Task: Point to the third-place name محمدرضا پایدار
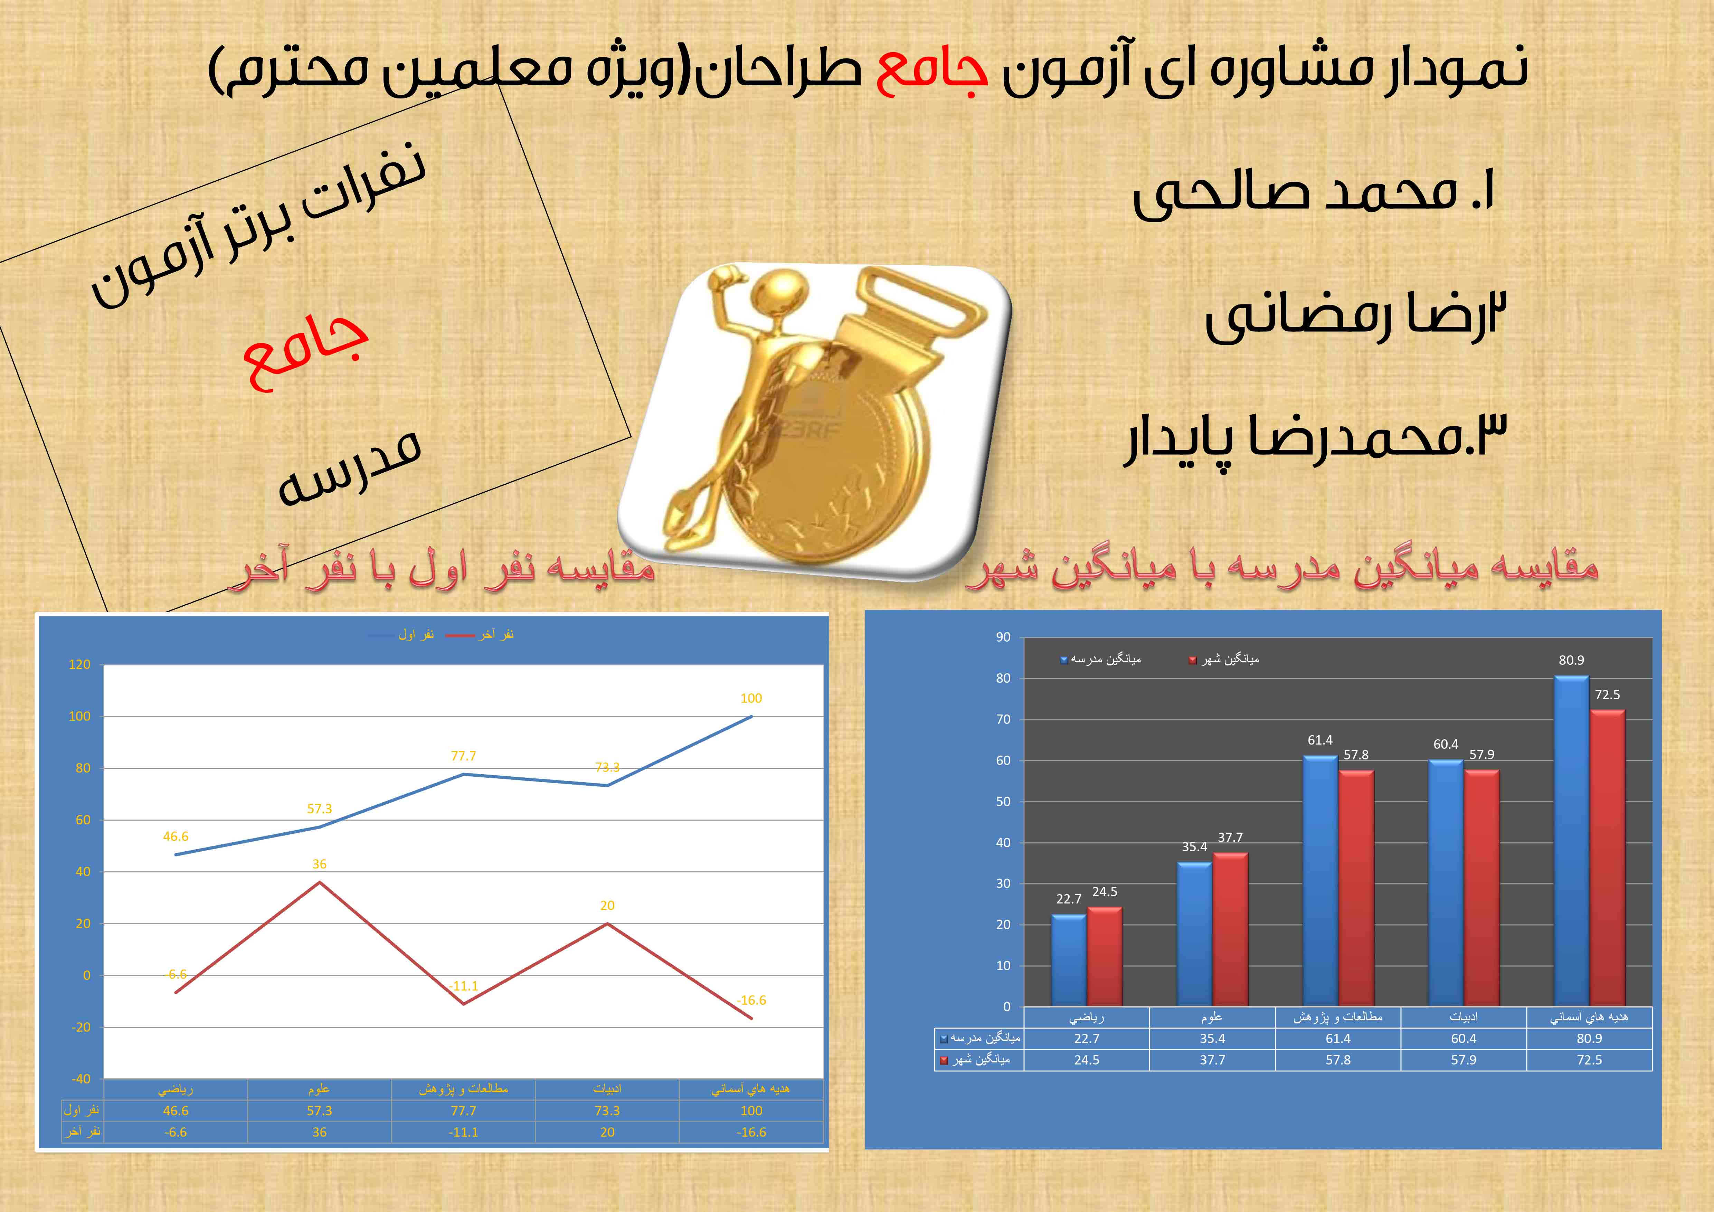click(x=1315, y=439)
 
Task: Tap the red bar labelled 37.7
click(x=1230, y=930)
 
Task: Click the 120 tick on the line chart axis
click(x=79, y=664)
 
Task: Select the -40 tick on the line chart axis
click(x=81, y=1079)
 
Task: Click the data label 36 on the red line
click(x=320, y=864)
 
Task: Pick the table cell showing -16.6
click(x=751, y=1132)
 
